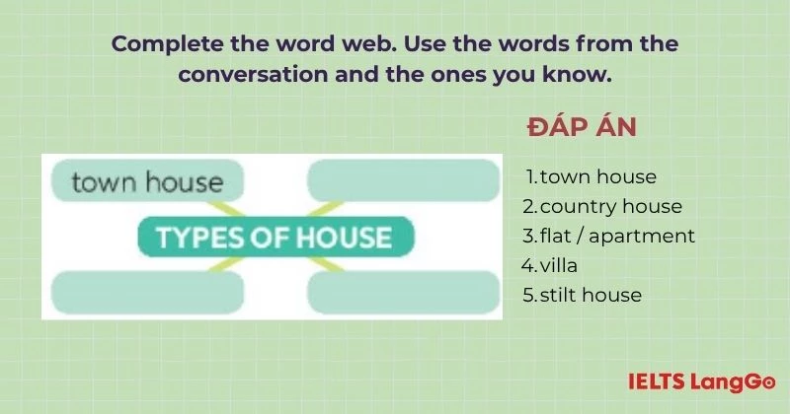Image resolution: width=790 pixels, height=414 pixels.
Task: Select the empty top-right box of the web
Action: (404, 181)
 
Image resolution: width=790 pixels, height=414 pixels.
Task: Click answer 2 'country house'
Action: (602, 207)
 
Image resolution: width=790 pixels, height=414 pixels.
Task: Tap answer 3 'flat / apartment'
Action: (608, 237)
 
